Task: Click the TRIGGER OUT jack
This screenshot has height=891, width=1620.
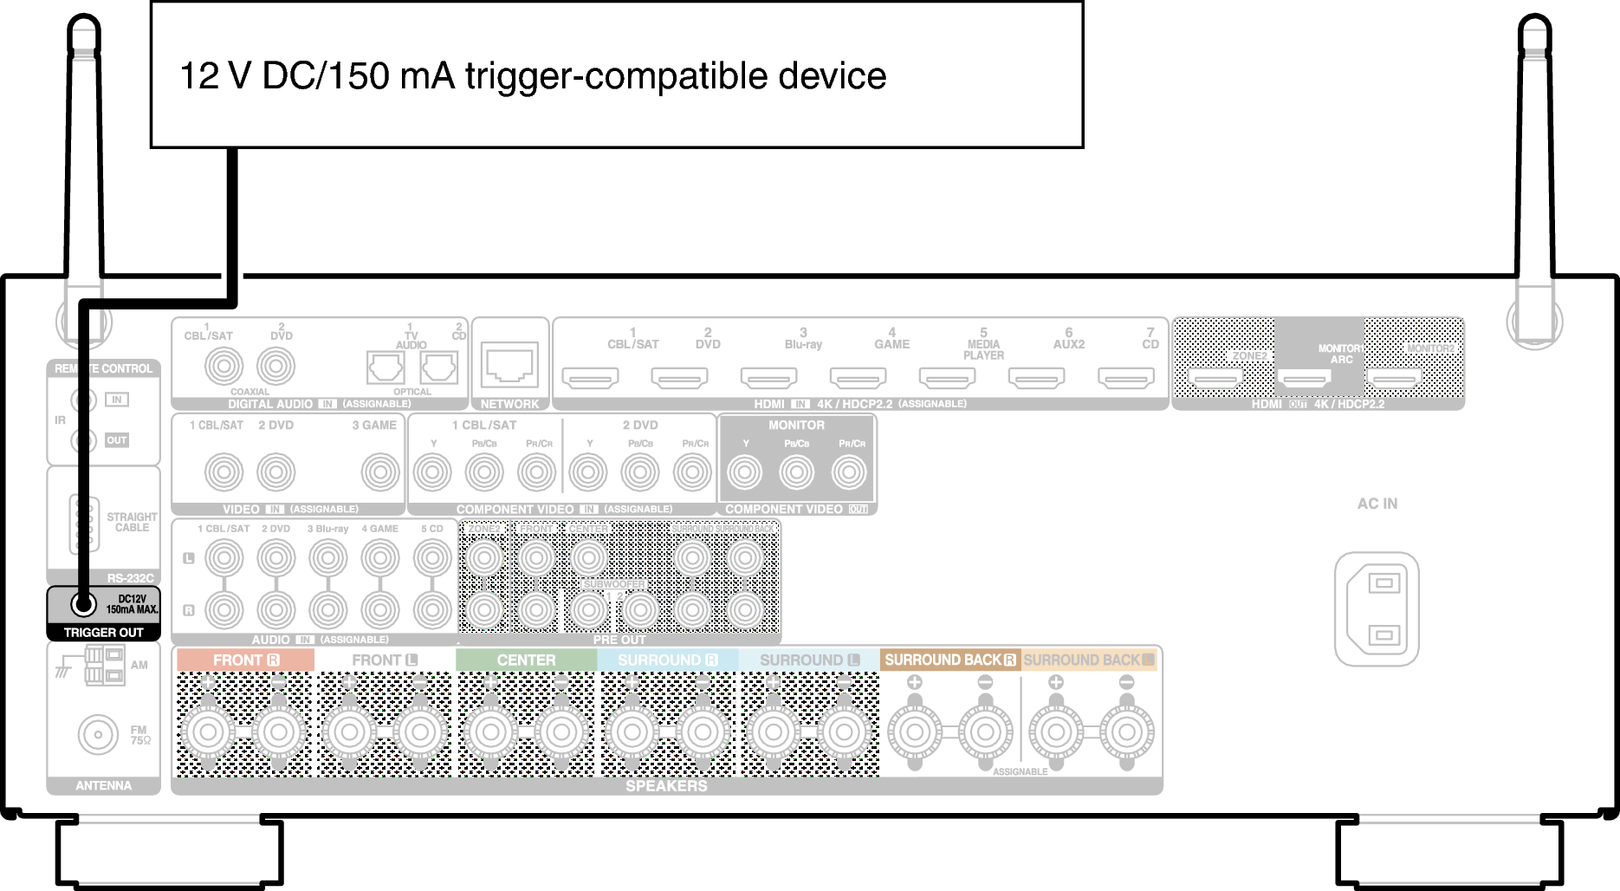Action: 83,603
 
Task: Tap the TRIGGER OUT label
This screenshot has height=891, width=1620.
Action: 103,633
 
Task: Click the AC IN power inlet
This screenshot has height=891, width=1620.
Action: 1377,609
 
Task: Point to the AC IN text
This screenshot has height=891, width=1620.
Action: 1377,504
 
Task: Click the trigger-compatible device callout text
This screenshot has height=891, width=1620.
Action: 532,76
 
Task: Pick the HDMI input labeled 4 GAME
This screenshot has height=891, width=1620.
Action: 858,378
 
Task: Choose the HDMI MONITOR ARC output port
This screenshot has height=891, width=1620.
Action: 1305,378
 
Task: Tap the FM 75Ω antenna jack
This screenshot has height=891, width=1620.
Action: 98,735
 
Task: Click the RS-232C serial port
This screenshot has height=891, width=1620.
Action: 84,524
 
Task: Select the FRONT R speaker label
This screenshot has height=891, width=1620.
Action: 245,660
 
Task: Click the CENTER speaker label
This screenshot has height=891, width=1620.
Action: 526,660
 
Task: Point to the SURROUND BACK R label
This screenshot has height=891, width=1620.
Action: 949,660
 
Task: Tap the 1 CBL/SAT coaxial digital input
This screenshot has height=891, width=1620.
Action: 224,366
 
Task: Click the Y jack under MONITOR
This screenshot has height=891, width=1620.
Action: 745,472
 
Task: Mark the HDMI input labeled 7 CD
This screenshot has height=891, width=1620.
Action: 1125,378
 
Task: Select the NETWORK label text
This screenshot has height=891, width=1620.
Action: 509,404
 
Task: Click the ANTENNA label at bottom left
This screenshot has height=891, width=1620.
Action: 103,785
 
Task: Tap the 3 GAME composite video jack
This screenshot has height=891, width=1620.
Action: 379,472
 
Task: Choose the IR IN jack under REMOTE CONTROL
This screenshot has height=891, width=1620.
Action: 84,400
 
